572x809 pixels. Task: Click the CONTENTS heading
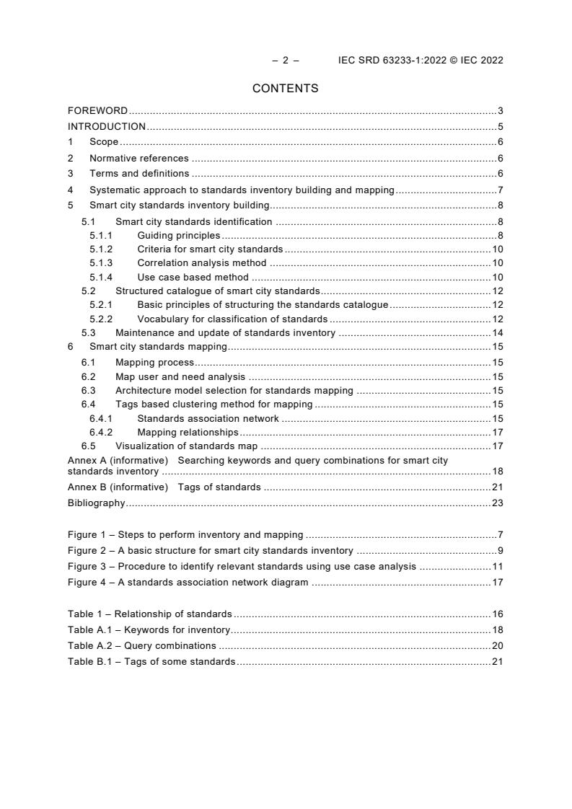[x=285, y=89]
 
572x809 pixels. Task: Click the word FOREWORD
[x=97, y=111]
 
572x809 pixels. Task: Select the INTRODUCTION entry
[x=107, y=127]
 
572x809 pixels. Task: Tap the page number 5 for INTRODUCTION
[x=500, y=127]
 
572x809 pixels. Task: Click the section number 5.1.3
[x=101, y=263]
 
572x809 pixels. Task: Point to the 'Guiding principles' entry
[x=178, y=236]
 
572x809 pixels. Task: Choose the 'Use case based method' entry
[x=193, y=277]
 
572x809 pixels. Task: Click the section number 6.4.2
[x=101, y=433]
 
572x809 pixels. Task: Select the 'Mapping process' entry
[x=154, y=363]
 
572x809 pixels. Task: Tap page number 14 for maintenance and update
[x=497, y=333]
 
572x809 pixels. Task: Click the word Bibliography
[x=96, y=503]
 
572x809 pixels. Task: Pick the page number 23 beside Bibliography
[x=497, y=503]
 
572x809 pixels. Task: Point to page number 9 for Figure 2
[x=500, y=551]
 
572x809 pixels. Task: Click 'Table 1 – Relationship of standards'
[x=150, y=614]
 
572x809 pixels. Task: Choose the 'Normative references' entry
[x=138, y=158]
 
